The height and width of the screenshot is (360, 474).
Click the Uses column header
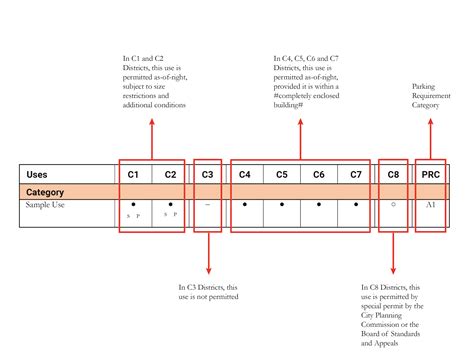[x=36, y=174]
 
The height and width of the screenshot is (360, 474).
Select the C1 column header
[x=133, y=174]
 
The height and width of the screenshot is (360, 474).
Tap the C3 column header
[x=207, y=174]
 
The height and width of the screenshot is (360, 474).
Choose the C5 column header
[x=282, y=174]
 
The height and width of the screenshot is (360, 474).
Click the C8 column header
[x=393, y=174]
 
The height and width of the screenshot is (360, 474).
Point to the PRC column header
[x=430, y=174]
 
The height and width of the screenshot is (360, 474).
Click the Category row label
[x=45, y=190]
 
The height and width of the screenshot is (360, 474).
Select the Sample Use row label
[x=47, y=205]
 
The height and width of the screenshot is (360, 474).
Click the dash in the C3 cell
[x=207, y=205]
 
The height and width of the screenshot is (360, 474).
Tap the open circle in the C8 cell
[x=393, y=205]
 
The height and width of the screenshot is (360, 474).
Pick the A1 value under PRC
[x=430, y=205]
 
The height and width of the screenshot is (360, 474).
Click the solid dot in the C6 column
[x=318, y=205]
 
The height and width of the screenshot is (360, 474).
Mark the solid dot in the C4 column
[x=245, y=205]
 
